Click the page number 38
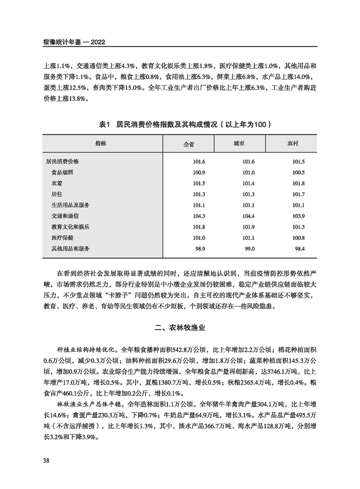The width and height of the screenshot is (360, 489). pyautogui.click(x=46, y=460)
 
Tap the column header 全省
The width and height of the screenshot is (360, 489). pyautogui.click(x=188, y=144)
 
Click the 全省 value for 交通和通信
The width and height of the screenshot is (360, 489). pyautogui.click(x=200, y=216)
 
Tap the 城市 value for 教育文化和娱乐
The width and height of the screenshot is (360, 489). pyautogui.click(x=249, y=227)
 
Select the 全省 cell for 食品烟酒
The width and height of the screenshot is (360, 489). pyautogui.click(x=200, y=173)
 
